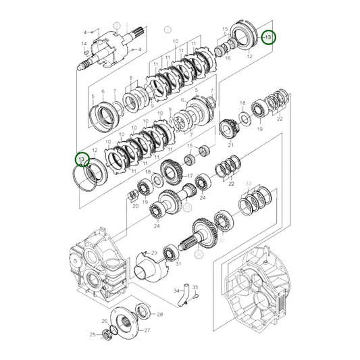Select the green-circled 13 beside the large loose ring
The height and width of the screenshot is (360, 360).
tap(82, 159)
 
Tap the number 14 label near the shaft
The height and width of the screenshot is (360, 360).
tap(84, 45)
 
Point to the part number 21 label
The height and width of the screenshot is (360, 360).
tap(230, 145)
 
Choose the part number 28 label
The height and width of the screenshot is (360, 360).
tap(159, 315)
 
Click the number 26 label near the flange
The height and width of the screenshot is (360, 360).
tap(104, 321)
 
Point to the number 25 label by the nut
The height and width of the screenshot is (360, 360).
tap(93, 334)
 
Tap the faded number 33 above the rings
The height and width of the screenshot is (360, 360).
tap(249, 184)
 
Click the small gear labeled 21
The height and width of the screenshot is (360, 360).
tap(230, 128)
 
